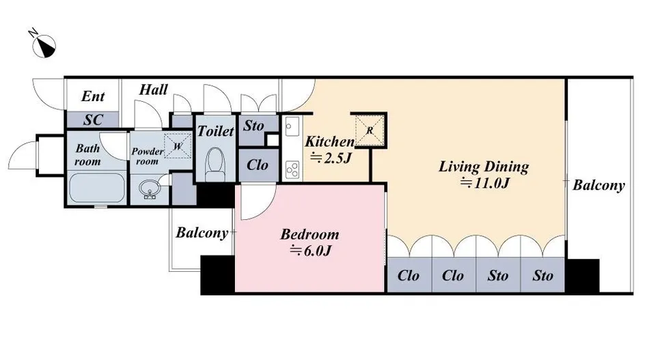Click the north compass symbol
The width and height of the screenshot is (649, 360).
[43, 44]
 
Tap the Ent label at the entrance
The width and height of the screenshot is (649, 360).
[93, 96]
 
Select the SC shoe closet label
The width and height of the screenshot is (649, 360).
[93, 120]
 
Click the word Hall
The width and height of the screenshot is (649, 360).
[153, 89]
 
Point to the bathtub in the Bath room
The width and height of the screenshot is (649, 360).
[97, 189]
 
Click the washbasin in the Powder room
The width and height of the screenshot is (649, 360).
[150, 189]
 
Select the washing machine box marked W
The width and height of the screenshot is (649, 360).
[178, 146]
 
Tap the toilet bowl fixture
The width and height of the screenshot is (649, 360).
[215, 164]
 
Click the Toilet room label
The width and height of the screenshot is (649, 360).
[215, 131]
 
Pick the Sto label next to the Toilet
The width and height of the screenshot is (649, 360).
[253, 126]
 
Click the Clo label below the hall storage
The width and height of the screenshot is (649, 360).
[257, 165]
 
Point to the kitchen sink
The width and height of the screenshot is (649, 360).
[292, 126]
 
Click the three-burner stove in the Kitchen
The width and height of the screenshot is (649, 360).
[292, 169]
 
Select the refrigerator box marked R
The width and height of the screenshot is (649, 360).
[370, 130]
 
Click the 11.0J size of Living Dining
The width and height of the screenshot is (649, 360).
[484, 182]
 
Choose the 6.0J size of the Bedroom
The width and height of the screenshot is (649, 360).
[310, 250]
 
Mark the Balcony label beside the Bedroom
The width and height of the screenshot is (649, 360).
[202, 232]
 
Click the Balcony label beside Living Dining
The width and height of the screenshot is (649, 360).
[598, 185]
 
